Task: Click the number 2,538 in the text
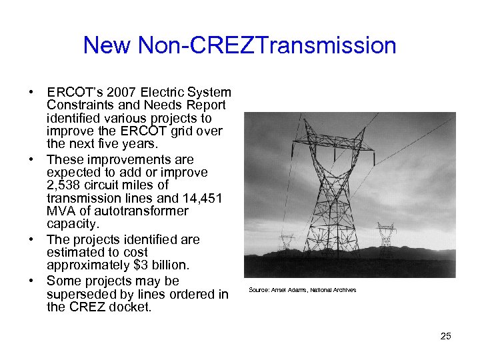[x=65, y=185]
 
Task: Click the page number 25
[x=445, y=336]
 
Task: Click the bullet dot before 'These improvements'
[x=31, y=160]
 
